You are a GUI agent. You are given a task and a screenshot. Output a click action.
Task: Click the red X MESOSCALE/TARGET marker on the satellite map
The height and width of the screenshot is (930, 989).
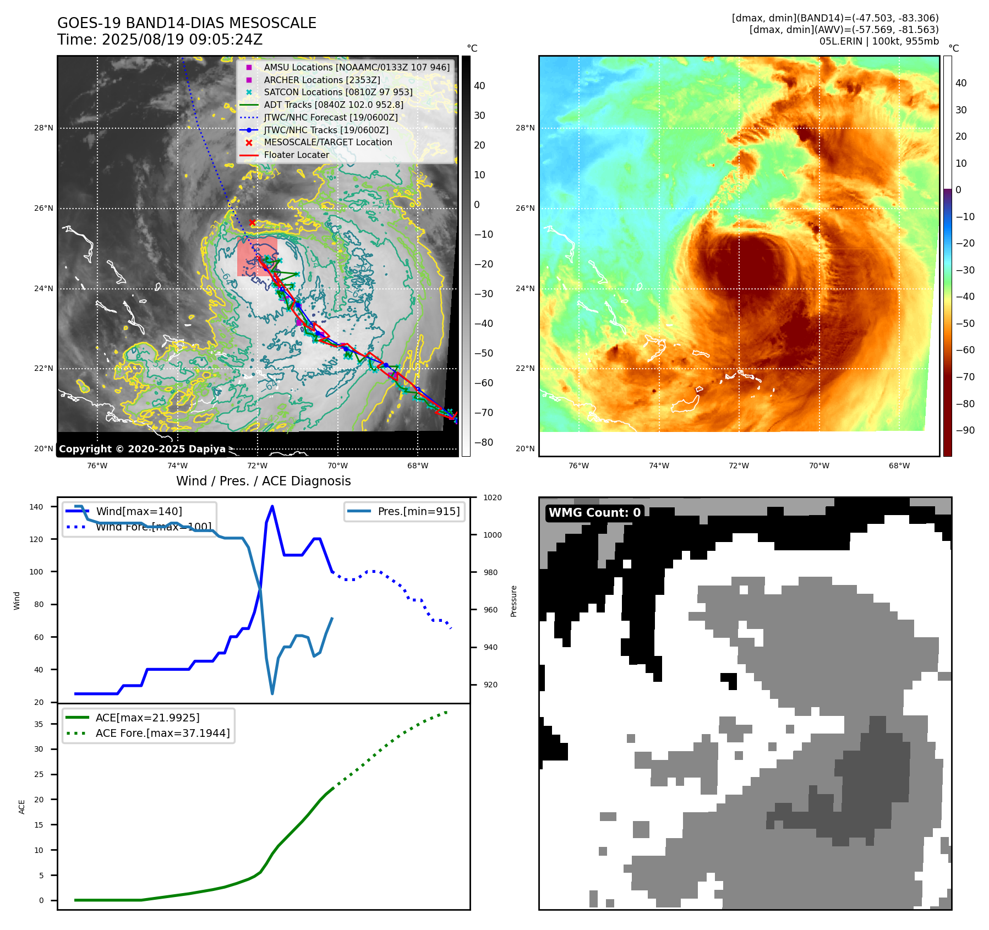[252, 222]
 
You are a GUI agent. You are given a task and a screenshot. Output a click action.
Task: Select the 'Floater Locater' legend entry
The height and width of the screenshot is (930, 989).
[296, 155]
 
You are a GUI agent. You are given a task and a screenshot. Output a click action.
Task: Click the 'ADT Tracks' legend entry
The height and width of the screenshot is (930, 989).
[333, 105]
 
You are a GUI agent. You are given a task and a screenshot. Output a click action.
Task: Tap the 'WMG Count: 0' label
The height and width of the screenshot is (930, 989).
[594, 513]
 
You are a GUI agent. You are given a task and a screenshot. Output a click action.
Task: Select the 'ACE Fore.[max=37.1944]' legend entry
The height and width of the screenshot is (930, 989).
[162, 733]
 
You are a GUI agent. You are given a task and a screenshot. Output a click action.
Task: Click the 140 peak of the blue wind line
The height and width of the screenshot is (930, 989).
[272, 507]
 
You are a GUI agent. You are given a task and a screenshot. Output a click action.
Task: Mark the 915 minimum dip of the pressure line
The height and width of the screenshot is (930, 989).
[272, 693]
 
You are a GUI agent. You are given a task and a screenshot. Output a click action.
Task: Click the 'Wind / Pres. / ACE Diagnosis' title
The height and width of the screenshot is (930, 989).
[263, 481]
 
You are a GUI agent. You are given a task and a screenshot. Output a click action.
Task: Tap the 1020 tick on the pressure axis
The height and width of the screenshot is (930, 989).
[492, 498]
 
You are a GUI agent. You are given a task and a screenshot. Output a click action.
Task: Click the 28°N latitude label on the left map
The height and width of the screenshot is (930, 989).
[43, 128]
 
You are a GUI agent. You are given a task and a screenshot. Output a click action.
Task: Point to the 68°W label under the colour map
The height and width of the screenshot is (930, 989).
[899, 466]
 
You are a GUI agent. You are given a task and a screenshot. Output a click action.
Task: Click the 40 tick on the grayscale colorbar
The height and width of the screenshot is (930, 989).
[479, 86]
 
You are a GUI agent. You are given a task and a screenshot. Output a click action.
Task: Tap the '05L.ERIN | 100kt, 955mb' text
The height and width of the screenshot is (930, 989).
[878, 41]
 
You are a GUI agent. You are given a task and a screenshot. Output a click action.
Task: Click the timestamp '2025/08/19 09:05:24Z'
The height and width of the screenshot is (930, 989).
[182, 40]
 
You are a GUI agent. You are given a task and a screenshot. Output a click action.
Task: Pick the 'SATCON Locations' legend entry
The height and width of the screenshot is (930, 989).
[337, 92]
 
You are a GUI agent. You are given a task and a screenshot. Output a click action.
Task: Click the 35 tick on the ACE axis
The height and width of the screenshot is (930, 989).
[39, 724]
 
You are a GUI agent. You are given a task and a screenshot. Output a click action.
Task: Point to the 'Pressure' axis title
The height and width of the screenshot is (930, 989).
[513, 601]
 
